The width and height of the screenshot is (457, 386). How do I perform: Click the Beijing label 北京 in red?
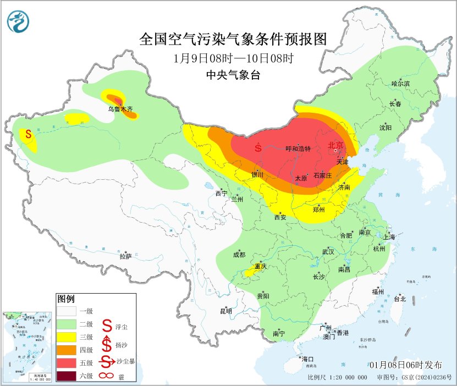pyautogui.click(x=335, y=146)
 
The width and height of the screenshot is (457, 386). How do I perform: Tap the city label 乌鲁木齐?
pyautogui.click(x=120, y=109)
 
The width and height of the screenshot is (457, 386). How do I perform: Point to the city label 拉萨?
pyautogui.click(x=125, y=256)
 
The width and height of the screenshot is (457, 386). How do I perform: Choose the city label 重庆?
pyautogui.click(x=260, y=266)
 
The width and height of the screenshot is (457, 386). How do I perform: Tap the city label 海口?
pyautogui.click(x=307, y=359)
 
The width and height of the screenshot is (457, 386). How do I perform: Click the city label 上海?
pyautogui.click(x=389, y=237)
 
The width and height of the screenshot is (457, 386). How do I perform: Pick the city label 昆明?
pyautogui.click(x=226, y=311)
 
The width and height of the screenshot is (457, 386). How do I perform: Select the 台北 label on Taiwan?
pyautogui.click(x=399, y=299)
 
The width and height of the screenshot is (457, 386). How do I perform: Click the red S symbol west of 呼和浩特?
pyautogui.click(x=258, y=148)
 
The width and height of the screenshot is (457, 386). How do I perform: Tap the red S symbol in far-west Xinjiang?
pyautogui.click(x=28, y=134)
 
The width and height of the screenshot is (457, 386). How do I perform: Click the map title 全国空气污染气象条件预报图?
pyautogui.click(x=233, y=39)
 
